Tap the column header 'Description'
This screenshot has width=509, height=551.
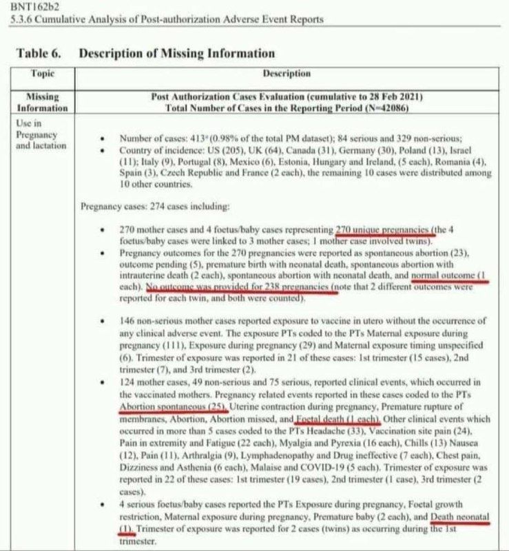[287, 73]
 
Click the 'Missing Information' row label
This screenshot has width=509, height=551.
[43, 103]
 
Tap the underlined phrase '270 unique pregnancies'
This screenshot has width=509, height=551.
[385, 230]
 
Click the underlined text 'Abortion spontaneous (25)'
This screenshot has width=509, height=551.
[168, 407]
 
